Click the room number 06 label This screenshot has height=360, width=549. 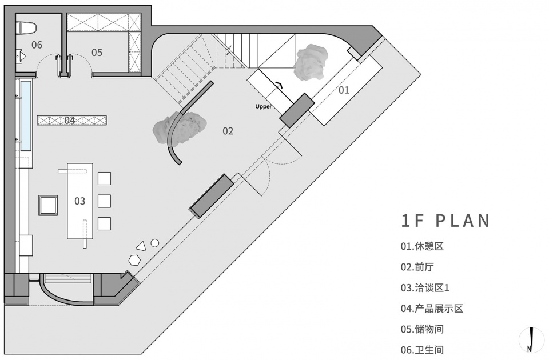pos(37,45)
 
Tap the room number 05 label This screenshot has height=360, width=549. pos(97,53)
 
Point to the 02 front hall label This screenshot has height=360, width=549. pos(228,131)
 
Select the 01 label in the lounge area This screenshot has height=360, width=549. pos(344,90)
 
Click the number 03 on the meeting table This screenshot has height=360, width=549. pos(80,201)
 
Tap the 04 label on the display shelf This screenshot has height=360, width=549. pos(70,121)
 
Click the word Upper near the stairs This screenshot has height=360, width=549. pos(263,107)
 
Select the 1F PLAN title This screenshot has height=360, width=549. pos(445,221)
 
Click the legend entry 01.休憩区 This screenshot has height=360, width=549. pos(422,246)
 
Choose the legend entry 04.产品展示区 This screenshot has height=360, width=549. pos(432,309)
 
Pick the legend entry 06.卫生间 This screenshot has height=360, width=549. pos(422,350)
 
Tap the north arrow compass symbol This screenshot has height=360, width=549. pos(532,339)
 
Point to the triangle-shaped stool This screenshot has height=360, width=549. pos(141,246)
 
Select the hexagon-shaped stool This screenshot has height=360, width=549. pos(134,261)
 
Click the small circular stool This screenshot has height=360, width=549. pos(155,243)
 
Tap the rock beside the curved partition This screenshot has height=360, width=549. pos(179,128)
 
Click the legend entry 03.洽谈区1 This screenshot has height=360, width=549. pos(425,288)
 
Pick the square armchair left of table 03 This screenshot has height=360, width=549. pos(48,205)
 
